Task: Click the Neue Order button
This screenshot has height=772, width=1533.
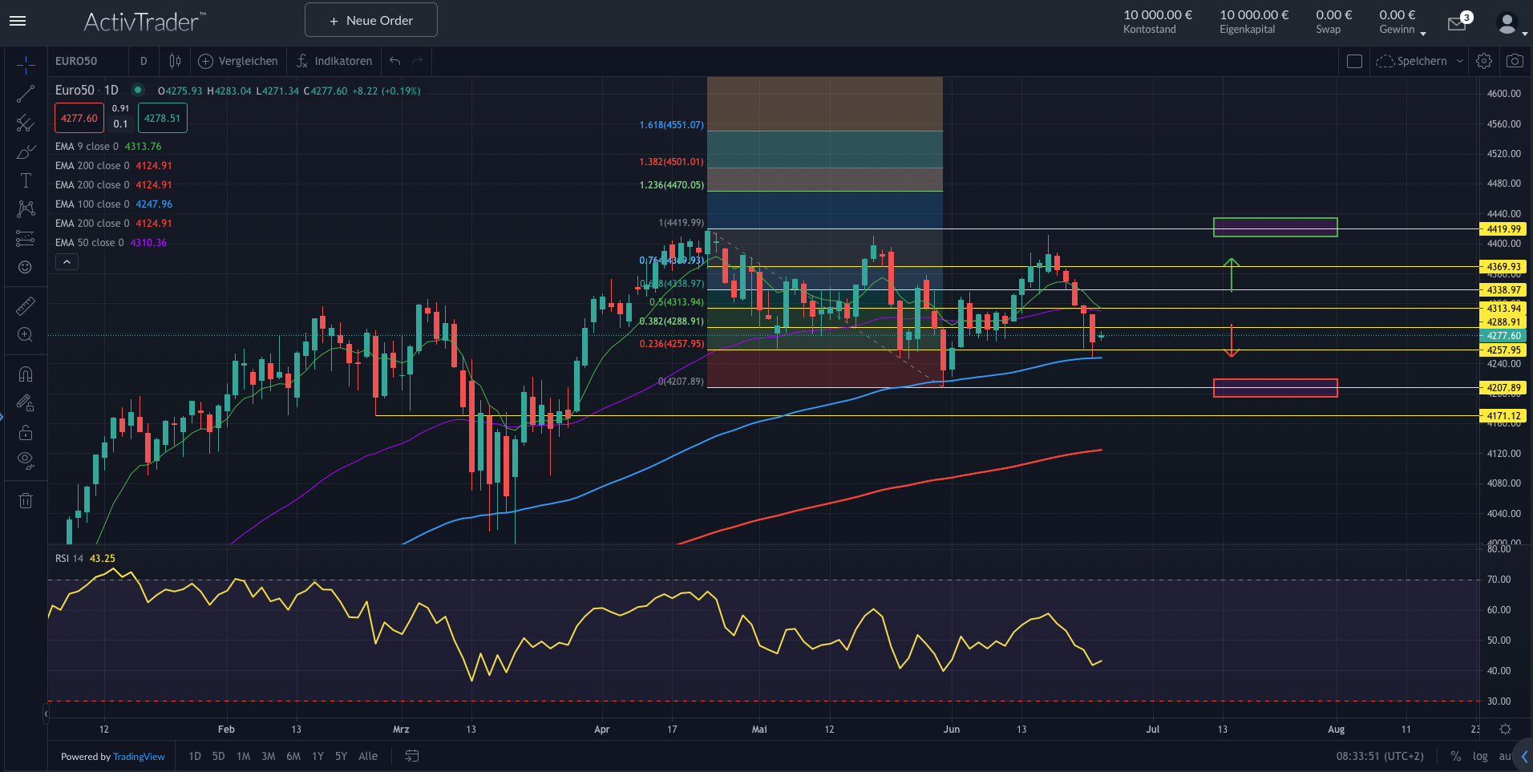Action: point(371,21)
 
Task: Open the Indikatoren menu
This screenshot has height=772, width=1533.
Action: point(334,61)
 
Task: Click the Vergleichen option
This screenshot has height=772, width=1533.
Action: point(239,61)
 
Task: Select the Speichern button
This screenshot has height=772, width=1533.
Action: point(1420,61)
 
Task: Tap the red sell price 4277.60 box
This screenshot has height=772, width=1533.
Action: point(79,118)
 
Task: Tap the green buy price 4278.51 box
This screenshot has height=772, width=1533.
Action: point(162,118)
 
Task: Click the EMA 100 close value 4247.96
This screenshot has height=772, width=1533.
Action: point(154,204)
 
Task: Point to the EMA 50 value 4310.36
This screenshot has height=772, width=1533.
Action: point(148,243)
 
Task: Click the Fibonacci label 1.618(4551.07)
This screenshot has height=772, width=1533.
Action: point(671,125)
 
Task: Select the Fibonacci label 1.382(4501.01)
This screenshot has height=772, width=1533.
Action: point(671,162)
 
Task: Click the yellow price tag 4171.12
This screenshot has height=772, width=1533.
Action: point(1503,416)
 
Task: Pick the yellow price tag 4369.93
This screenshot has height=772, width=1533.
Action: point(1503,267)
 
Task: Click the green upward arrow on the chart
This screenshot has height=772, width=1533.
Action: point(1232,274)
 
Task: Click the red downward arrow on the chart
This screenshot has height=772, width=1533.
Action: point(1232,341)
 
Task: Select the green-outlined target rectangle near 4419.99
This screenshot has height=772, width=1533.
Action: point(1275,228)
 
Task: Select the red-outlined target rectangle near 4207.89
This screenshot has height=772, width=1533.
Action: point(1275,388)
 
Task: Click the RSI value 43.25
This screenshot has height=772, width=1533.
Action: point(102,559)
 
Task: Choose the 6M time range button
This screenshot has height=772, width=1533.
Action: point(293,756)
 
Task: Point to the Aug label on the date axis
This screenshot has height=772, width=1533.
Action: point(1336,730)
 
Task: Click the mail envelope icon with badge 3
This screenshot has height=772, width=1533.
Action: point(1457,24)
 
